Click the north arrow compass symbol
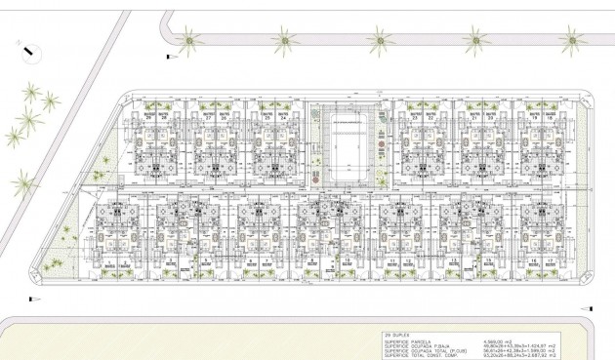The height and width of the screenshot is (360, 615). [x=27, y=44]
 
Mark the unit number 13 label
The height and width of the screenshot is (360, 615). [x=452, y=263]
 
